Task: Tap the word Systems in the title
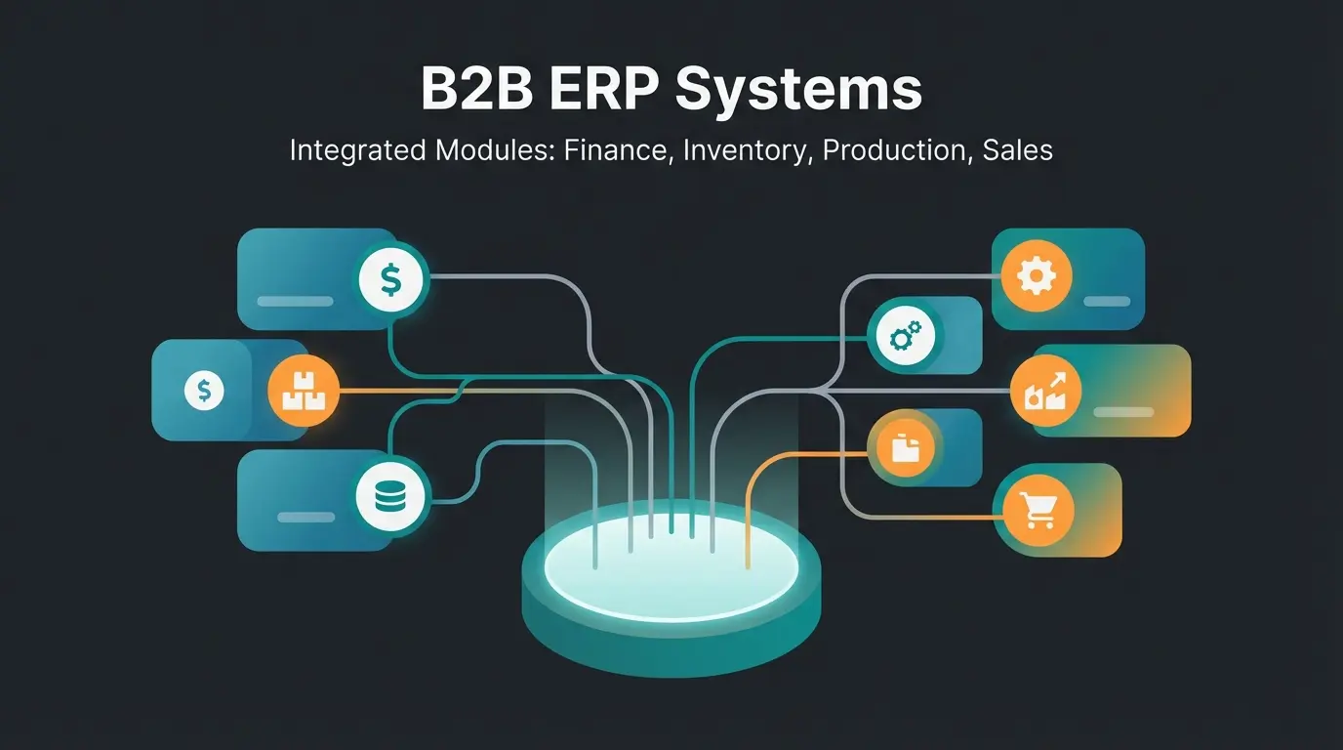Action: coord(797,89)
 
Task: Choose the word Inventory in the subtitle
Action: coord(747,150)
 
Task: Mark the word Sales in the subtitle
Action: coord(1018,150)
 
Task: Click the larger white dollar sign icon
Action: coord(391,281)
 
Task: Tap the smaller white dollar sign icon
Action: coord(204,392)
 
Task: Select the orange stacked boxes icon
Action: coord(303,392)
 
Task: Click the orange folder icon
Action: coord(901,447)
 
